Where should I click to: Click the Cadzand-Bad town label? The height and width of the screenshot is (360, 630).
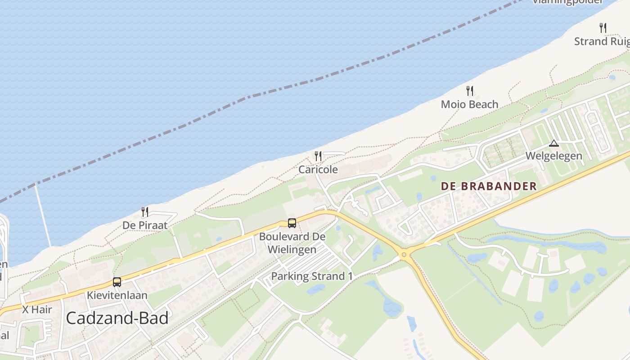pos(117,318)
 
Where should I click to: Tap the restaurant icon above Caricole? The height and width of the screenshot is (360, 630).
pos(318,156)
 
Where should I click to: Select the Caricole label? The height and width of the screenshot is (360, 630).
pos(318,170)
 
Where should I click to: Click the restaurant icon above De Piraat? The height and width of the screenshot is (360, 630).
pos(145,212)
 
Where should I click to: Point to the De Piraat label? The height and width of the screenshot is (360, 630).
pos(145,225)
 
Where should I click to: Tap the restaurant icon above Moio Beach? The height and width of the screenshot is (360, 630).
pos(470,91)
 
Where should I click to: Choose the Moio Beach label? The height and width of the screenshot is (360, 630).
pos(469,104)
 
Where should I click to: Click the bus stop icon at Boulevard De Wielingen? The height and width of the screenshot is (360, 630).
pos(292,223)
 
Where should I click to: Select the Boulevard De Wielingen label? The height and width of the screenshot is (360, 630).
pos(292,243)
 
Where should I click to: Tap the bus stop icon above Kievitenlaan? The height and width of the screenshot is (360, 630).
pos(117,282)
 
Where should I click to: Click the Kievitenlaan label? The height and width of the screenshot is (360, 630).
pos(117,296)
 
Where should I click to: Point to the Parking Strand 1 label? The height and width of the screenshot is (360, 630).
pos(312,276)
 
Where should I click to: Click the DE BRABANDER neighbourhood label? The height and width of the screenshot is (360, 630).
pos(489,186)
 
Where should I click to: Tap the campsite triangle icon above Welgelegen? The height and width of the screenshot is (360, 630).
pos(554,144)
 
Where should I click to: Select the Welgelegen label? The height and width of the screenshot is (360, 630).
pos(554,156)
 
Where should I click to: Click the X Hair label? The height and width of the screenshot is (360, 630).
pos(37,310)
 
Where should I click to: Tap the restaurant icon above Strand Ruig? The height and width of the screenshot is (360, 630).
pos(603,28)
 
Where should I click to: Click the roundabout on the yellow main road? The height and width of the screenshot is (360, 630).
pos(404,255)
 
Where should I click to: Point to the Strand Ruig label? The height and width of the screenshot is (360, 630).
pos(602,41)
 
